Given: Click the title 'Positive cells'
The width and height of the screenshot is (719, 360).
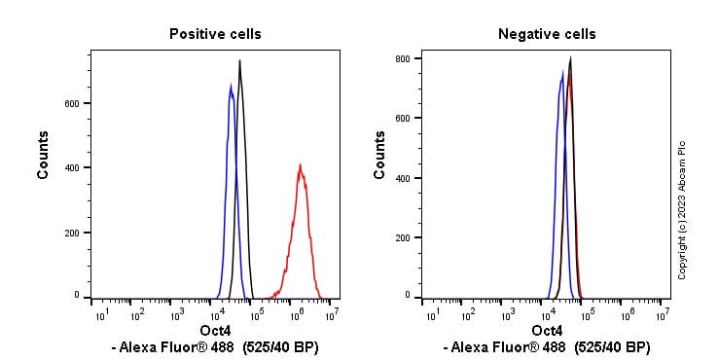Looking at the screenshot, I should click(215, 34).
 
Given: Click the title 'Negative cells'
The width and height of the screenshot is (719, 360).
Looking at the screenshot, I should click(547, 34).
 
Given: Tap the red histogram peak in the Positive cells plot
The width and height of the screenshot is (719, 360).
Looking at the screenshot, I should click(301, 165).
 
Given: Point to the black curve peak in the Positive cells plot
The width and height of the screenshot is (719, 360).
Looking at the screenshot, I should click(239, 61).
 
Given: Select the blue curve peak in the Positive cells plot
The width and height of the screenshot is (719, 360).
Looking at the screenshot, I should click(231, 86).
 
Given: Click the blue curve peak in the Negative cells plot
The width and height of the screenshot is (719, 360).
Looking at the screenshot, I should click(562, 71).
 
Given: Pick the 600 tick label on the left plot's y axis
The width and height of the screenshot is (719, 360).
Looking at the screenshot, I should click(72, 103).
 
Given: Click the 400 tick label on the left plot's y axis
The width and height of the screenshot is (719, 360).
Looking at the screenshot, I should click(72, 167).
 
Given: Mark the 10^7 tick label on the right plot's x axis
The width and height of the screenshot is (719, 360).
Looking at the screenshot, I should click(663, 313).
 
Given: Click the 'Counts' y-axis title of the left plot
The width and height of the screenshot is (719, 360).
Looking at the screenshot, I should click(44, 154).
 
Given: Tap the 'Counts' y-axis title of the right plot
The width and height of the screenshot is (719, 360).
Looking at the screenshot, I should click(380, 154).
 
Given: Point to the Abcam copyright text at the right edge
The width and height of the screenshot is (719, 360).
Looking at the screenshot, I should click(682, 209).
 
